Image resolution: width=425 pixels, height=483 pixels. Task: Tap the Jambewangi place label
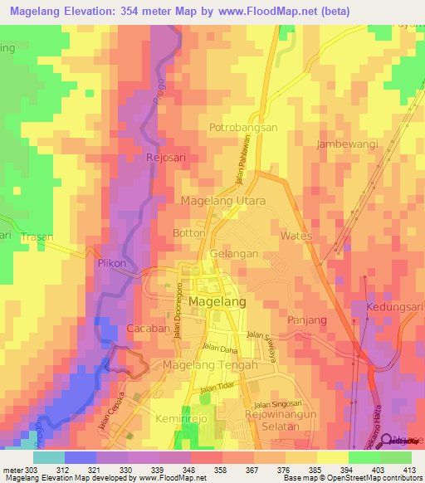[347, 144]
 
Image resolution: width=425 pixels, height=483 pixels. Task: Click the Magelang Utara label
[223, 201]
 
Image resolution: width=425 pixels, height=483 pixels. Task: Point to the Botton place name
[188, 233]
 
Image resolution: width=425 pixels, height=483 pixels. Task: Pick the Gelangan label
[230, 251]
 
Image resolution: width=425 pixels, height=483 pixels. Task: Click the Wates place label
[296, 236]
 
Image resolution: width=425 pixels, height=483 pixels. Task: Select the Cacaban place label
[148, 329]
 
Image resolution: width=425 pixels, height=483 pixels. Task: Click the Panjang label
[306, 320]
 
